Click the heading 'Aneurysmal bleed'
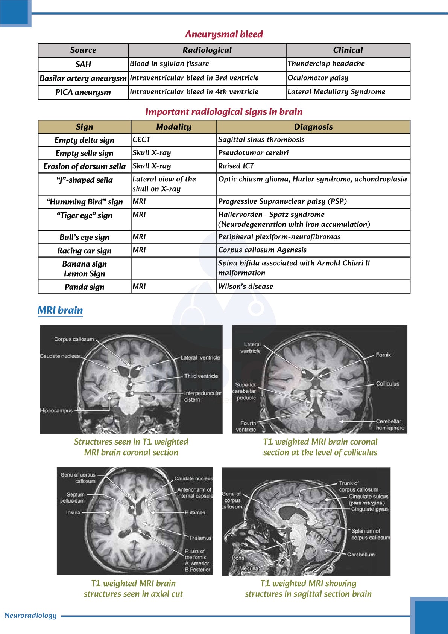(x=224, y=34)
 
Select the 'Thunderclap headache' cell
(x=326, y=64)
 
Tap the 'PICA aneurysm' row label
(x=83, y=92)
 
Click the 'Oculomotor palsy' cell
(x=318, y=78)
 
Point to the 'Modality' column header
(x=174, y=127)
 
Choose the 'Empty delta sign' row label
(x=84, y=140)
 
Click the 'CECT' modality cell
(x=141, y=140)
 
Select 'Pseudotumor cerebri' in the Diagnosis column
(x=254, y=153)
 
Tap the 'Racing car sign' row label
(x=84, y=251)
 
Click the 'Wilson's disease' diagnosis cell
(x=246, y=287)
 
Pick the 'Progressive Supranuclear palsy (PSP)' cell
(x=282, y=201)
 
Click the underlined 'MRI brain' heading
(x=60, y=311)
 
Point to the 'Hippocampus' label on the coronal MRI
(x=56, y=410)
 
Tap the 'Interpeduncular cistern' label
(x=202, y=396)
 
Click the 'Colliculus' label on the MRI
(x=387, y=384)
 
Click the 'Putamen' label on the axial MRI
(x=195, y=512)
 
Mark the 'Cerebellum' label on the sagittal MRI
(x=361, y=555)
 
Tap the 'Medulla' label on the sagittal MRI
(x=249, y=568)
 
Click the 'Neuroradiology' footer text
(x=30, y=616)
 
